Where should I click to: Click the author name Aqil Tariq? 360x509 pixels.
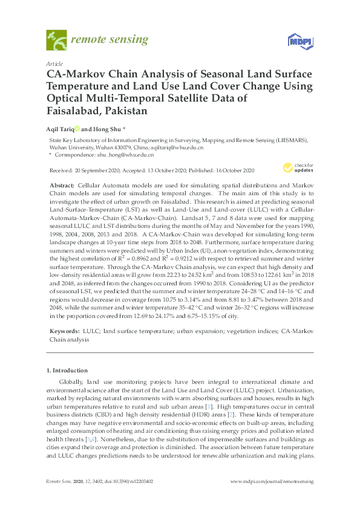point(60,129)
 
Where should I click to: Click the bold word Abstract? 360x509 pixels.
point(61,183)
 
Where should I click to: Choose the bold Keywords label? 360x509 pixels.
point(63,332)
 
